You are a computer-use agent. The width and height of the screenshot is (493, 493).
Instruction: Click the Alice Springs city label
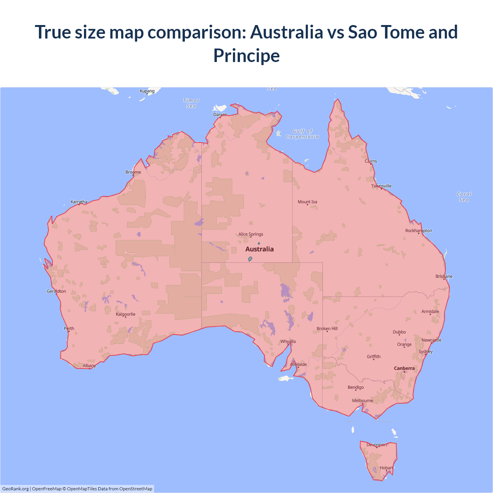click(251, 234)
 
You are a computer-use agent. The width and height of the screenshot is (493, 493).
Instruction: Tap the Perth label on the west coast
click(69, 329)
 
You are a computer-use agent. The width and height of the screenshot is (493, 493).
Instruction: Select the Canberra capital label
click(404, 368)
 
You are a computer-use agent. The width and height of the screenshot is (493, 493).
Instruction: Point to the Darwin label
click(220, 114)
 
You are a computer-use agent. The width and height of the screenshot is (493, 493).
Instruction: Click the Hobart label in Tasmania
click(386, 468)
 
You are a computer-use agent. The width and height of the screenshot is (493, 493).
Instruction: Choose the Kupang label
click(147, 91)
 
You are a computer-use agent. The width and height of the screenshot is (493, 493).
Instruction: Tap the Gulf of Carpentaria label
click(302, 134)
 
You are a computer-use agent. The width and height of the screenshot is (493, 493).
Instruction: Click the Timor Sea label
click(191, 103)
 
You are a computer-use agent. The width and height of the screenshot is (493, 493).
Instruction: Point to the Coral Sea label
click(464, 197)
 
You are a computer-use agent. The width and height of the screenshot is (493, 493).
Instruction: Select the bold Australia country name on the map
click(260, 249)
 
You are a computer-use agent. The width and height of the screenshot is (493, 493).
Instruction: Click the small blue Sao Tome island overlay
click(250, 259)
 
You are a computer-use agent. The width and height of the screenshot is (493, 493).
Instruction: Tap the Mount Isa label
click(307, 202)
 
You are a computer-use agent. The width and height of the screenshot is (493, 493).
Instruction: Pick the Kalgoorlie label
click(126, 314)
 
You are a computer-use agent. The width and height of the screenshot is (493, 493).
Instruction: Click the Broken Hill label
click(327, 329)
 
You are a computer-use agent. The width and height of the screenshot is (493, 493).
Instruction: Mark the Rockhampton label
click(419, 231)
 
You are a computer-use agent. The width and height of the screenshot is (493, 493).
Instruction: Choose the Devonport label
click(377, 444)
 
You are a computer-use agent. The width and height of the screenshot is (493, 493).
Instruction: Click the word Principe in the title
click(246, 55)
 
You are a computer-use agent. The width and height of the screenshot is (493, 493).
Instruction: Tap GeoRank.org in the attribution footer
click(15, 489)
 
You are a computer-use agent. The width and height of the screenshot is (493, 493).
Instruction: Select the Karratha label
click(79, 202)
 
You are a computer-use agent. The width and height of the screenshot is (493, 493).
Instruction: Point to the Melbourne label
click(362, 401)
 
